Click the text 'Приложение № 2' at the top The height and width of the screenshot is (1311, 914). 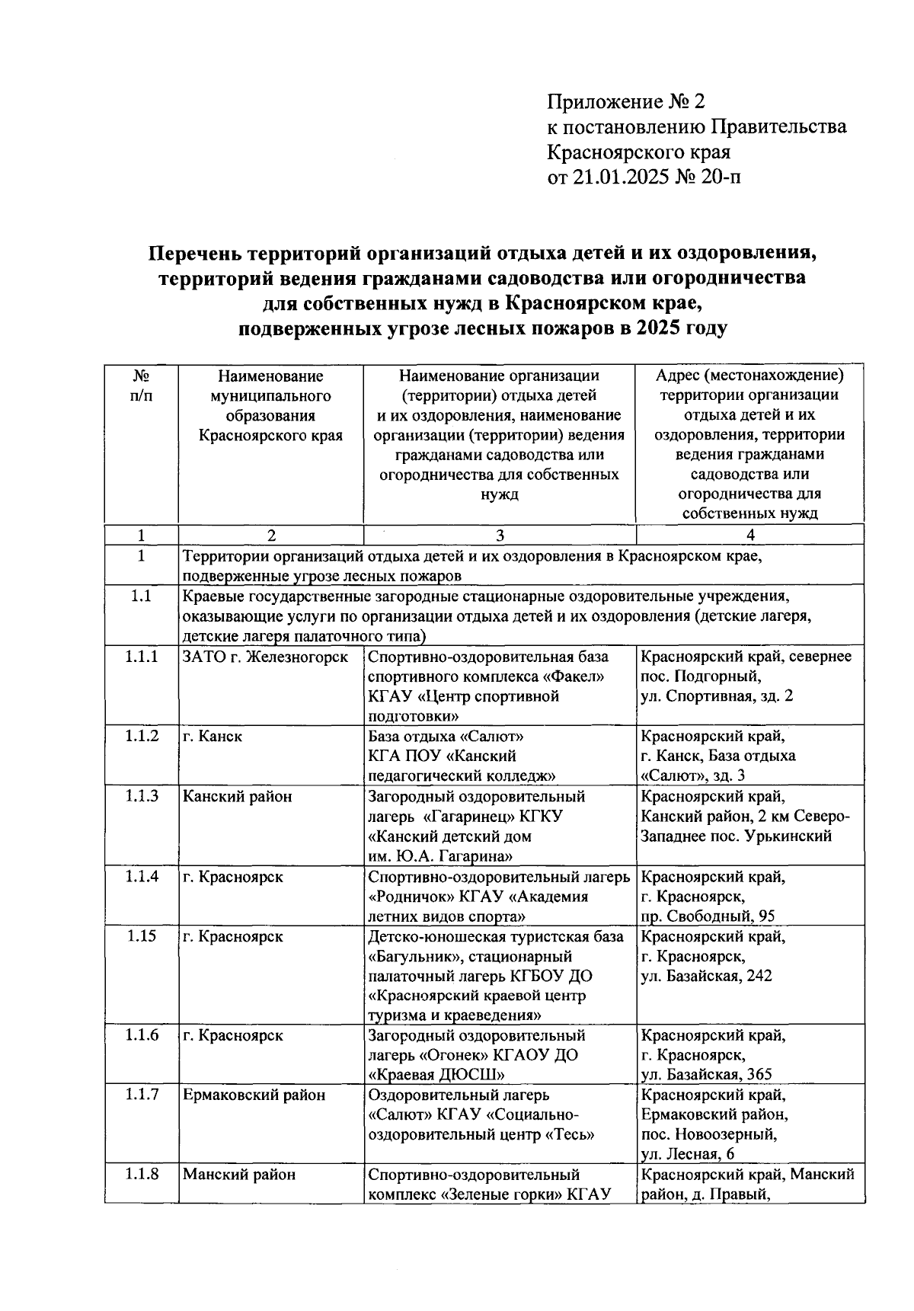(x=627, y=101)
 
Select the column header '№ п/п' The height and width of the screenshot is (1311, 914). (x=141, y=385)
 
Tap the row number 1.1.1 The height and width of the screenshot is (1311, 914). (x=141, y=656)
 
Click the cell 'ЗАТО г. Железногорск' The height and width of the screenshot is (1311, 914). (x=264, y=657)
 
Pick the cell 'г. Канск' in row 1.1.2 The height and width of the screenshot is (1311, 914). (x=212, y=736)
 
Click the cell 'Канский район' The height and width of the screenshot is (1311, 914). (x=237, y=796)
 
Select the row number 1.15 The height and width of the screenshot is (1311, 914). (x=141, y=935)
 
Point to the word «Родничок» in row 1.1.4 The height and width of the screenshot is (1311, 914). (x=405, y=896)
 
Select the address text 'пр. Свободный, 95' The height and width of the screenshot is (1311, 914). (x=708, y=916)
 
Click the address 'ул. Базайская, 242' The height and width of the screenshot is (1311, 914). (x=706, y=976)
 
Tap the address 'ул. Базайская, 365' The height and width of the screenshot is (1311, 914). (x=706, y=1075)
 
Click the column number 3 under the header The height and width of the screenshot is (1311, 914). (x=500, y=535)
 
